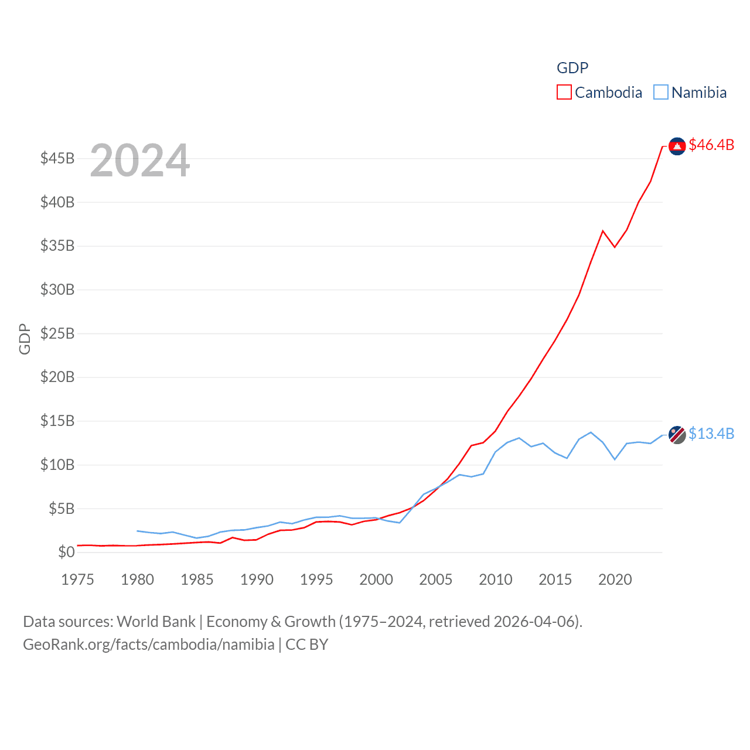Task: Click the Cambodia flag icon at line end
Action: coord(677,146)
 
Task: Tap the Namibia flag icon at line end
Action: coord(677,435)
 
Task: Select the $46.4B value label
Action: coord(711,145)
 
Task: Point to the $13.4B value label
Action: coord(711,434)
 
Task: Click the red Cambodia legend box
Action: coord(564,93)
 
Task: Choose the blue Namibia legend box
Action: coord(660,93)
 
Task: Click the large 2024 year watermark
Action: coord(140,160)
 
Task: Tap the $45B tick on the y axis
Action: coord(57,159)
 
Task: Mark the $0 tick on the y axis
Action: coord(66,552)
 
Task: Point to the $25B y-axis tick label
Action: coord(57,333)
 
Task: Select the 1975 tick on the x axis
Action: coord(77,579)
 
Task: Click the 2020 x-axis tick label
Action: coord(615,579)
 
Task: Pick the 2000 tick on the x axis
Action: coord(376,579)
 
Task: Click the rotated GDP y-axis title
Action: coord(25,339)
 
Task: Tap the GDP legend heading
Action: coord(572,68)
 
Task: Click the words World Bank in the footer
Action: coord(156,621)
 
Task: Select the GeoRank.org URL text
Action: coord(148,645)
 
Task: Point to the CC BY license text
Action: coord(306,645)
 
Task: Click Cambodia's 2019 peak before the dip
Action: coord(603,231)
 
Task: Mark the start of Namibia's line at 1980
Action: coord(137,531)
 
